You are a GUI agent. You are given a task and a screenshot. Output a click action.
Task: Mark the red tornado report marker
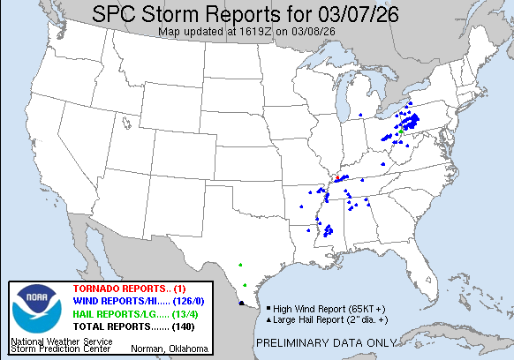pos(336,179)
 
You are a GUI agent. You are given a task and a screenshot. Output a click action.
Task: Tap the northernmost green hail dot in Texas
pos(240,263)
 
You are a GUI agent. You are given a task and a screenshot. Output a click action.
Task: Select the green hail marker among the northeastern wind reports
pos(402,131)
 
